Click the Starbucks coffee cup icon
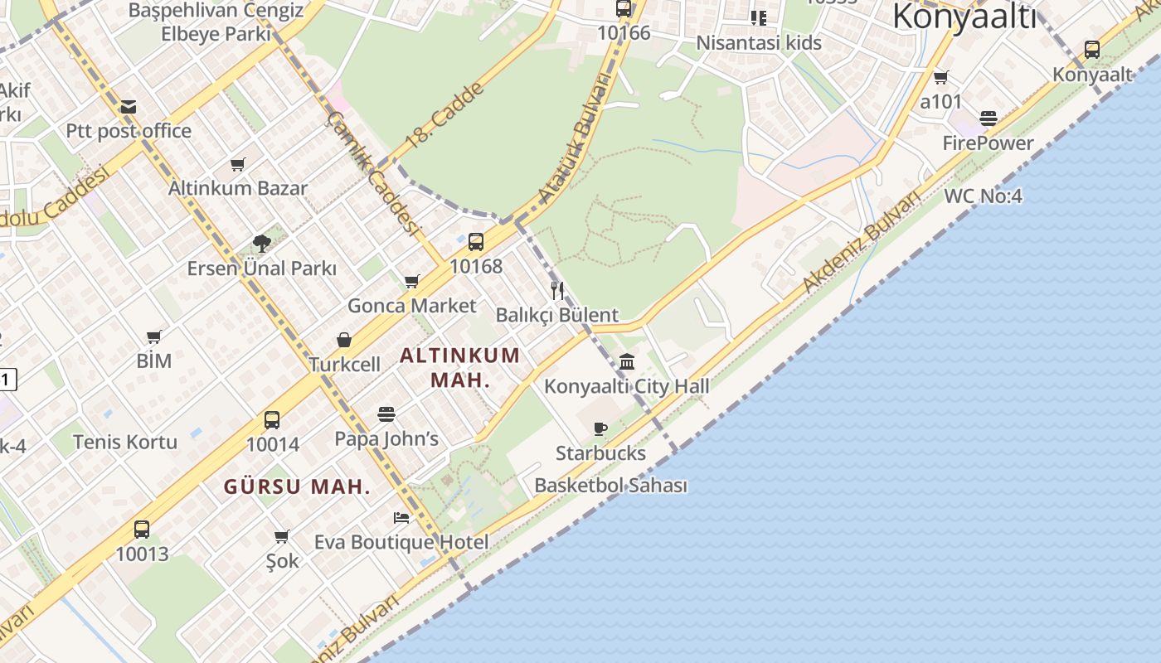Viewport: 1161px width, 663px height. pyautogui.click(x=600, y=428)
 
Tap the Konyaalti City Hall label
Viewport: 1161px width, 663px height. pyautogui.click(x=626, y=386)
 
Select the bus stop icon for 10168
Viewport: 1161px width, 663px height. pyautogui.click(x=476, y=242)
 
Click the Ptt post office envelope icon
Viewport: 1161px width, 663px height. pyautogui.click(x=128, y=107)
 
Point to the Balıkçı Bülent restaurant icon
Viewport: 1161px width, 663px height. pyautogui.click(x=557, y=291)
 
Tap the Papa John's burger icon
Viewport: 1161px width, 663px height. pyautogui.click(x=386, y=414)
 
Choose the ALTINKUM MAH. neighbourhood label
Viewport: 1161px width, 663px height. pyautogui.click(x=460, y=367)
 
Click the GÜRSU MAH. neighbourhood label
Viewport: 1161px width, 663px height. pyautogui.click(x=297, y=487)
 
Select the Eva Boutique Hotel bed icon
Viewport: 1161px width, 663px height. pyautogui.click(x=401, y=518)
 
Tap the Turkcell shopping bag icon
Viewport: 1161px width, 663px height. pyautogui.click(x=344, y=341)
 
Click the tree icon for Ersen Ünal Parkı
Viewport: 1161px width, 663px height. pyautogui.click(x=262, y=244)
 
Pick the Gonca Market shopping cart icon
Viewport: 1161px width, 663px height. pyautogui.click(x=412, y=282)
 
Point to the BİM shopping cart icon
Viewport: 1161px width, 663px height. pyautogui.click(x=154, y=336)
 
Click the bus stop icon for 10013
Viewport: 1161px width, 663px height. pyautogui.click(x=142, y=529)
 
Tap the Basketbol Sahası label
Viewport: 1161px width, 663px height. pyautogui.click(x=610, y=486)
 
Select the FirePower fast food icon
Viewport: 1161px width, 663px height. pyautogui.click(x=988, y=119)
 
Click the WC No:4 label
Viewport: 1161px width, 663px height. pyautogui.click(x=983, y=196)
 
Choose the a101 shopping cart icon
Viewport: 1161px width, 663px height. pyautogui.click(x=941, y=78)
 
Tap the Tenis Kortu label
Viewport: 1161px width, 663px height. pyautogui.click(x=125, y=442)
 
